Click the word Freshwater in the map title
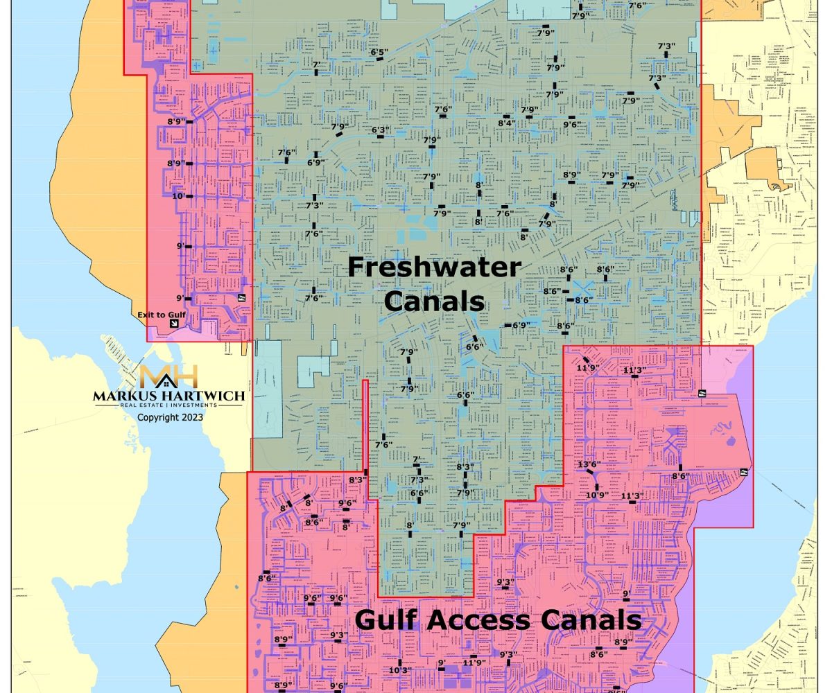[434, 267]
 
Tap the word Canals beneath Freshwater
[434, 301]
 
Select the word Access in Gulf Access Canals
[496, 620]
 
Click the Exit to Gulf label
[161, 315]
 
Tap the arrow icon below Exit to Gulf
[174, 324]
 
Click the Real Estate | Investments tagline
[168, 406]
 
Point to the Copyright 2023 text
[170, 418]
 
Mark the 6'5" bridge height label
[379, 52]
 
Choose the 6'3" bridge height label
[380, 130]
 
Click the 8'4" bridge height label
[506, 123]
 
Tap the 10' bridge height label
[178, 196]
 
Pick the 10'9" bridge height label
[596, 495]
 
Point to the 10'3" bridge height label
[400, 669]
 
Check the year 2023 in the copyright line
[190, 418]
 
